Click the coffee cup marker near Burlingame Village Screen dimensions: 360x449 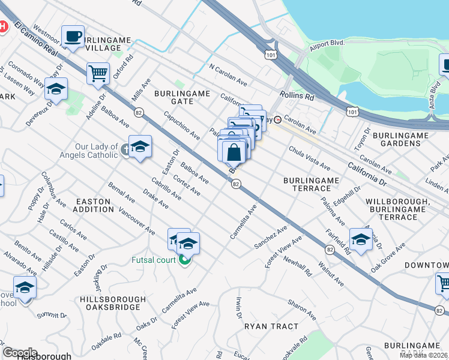click(x=73, y=36)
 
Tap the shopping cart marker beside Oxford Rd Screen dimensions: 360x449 click(x=98, y=74)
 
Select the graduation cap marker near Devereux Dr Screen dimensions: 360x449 click(x=56, y=89)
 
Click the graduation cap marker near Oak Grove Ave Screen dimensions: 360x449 click(x=361, y=239)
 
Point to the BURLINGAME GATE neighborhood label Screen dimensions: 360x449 click(x=182, y=97)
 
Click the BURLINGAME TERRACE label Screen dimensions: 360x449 click(x=312, y=184)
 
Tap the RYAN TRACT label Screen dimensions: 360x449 click(x=271, y=326)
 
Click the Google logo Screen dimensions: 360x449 click(x=20, y=352)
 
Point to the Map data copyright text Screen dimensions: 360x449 click(x=423, y=355)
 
